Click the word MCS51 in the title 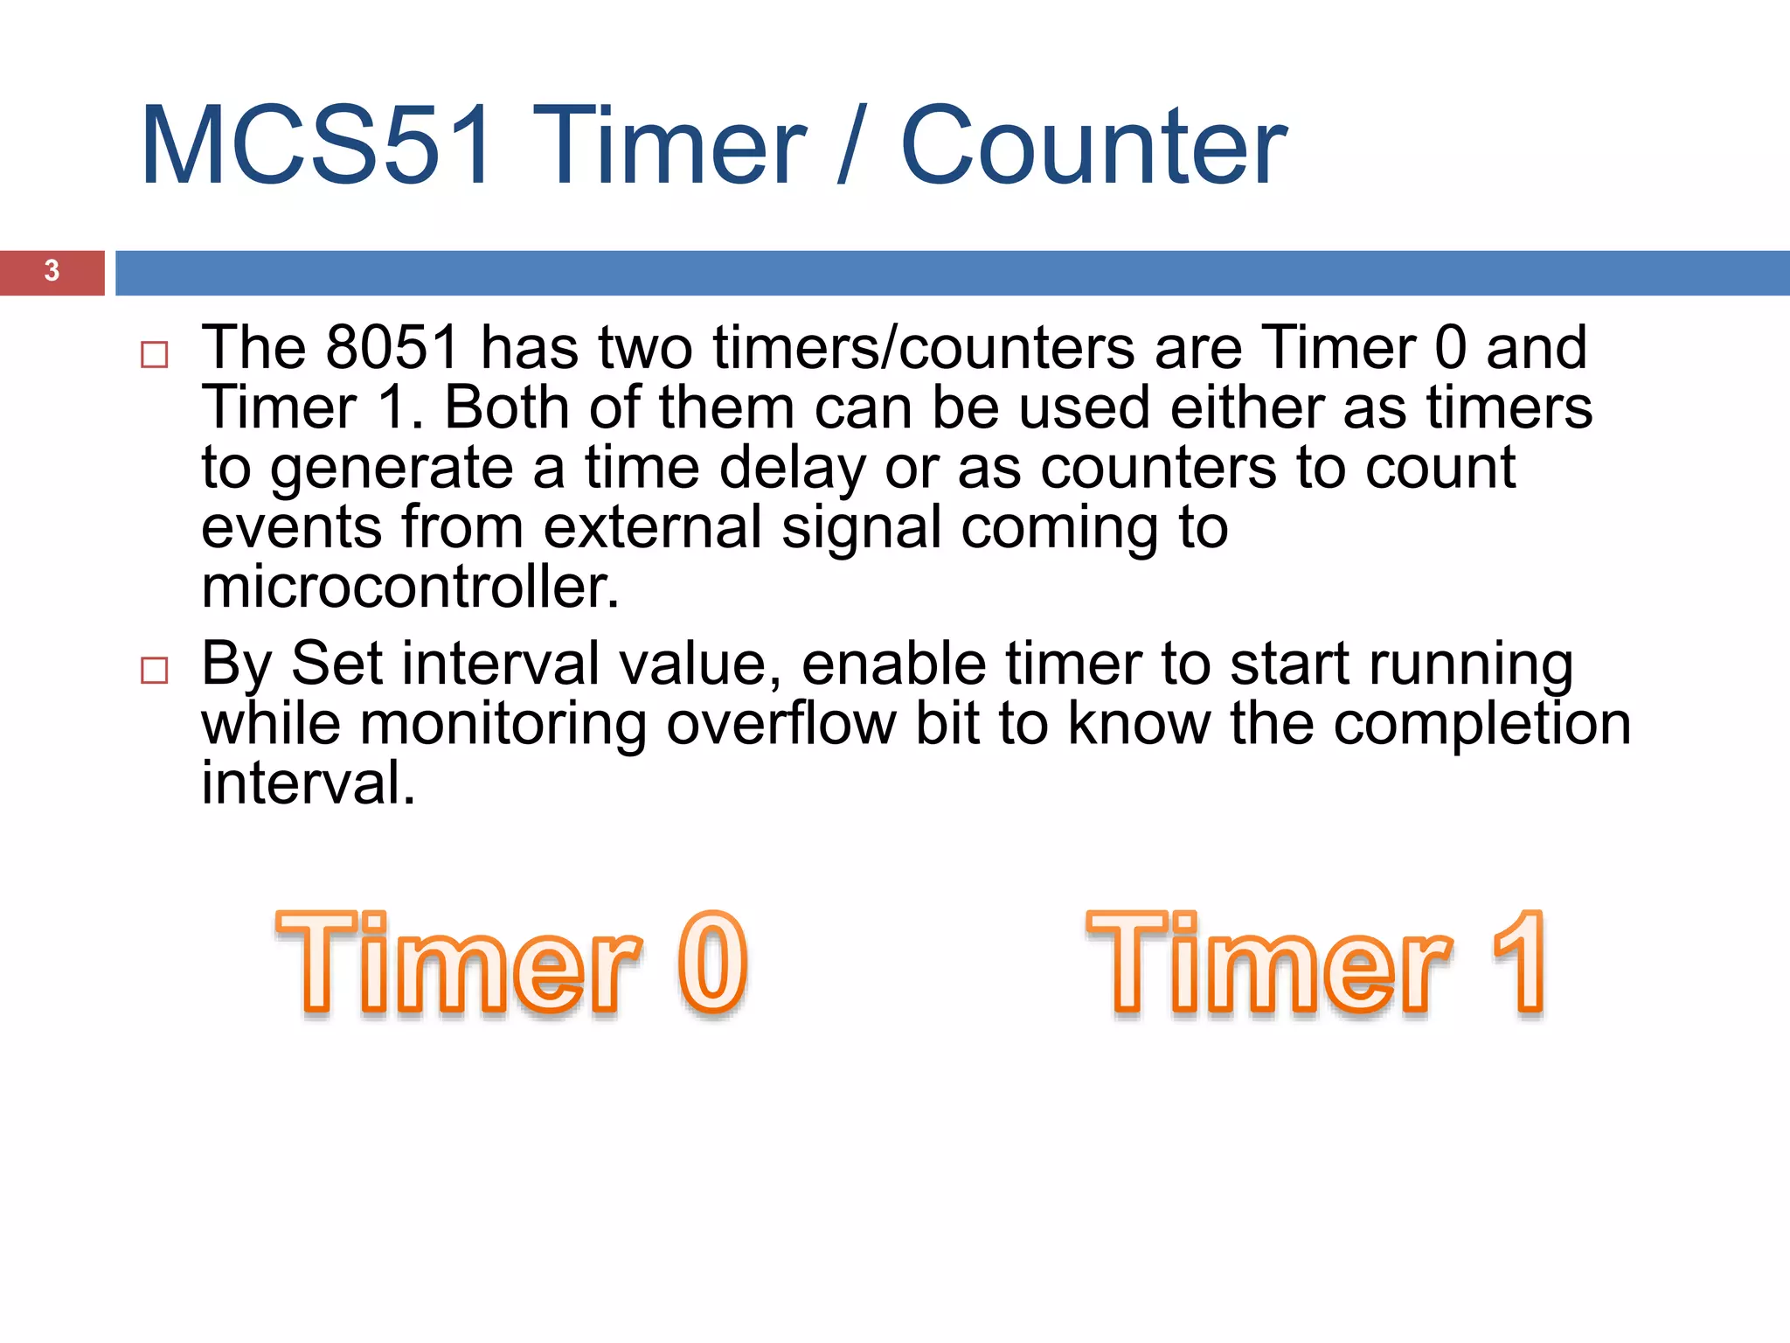[x=316, y=146]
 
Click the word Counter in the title [x=1093, y=146]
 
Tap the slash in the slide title [x=852, y=146]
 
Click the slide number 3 [x=52, y=271]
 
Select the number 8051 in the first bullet [x=392, y=348]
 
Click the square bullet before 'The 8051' [x=155, y=354]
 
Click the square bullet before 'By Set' [x=155, y=671]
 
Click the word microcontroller [x=410, y=587]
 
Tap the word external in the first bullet [x=652, y=527]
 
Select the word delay [x=792, y=468]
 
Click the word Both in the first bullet [x=507, y=407]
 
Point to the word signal [x=861, y=529]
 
